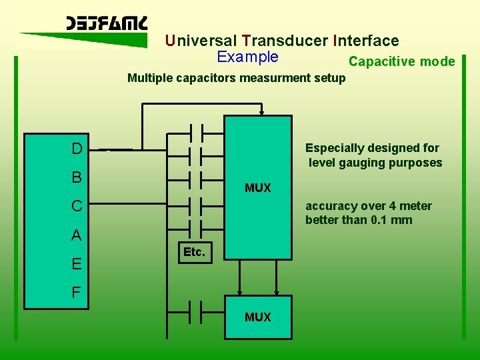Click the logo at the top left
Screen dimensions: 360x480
[x=107, y=23]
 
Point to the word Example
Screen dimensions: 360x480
[x=247, y=57]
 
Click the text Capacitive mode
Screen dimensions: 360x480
[x=401, y=62]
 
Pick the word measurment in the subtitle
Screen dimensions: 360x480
[x=251, y=78]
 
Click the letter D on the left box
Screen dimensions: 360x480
[x=77, y=148]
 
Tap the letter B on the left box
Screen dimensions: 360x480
[x=77, y=177]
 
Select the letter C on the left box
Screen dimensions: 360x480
[x=77, y=206]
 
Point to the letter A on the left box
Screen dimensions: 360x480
[x=77, y=235]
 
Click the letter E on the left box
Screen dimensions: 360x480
[x=77, y=264]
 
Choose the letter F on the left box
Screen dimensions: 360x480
[x=77, y=293]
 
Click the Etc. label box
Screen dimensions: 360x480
[x=194, y=253]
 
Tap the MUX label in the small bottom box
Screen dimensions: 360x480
[x=258, y=317]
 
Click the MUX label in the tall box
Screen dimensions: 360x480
[x=258, y=188]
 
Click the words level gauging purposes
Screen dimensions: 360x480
[x=375, y=163]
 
